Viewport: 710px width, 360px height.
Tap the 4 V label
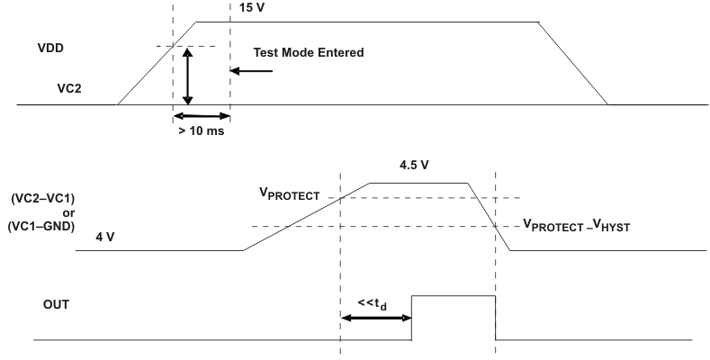coord(108,239)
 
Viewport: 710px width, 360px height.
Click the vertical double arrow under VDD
coord(187,76)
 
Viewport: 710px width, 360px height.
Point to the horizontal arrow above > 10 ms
coord(202,115)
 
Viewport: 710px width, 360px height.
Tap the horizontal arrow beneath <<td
coord(376,318)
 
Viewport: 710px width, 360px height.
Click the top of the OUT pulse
coord(454,295)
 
